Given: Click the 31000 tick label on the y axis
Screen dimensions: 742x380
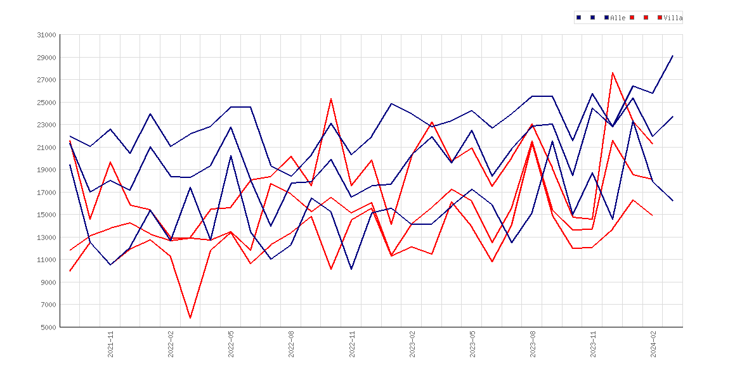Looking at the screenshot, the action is click(46, 35).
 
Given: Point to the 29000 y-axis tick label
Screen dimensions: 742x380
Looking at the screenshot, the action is click(46, 58).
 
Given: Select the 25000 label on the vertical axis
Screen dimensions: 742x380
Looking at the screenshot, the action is click(46, 103).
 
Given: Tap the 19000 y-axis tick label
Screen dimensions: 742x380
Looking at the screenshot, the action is click(46, 170).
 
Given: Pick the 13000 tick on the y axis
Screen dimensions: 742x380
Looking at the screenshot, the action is click(46, 237).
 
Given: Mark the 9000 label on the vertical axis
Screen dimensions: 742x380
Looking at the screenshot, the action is click(48, 282).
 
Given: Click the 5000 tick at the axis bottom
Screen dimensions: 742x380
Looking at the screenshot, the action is click(48, 327).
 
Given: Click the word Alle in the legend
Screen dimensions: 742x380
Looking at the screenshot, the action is click(618, 18).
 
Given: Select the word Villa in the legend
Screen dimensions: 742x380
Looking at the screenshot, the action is click(673, 18).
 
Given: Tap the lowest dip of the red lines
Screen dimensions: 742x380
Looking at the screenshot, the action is click(190, 318).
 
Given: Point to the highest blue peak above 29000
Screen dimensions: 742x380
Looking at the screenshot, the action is click(672, 56).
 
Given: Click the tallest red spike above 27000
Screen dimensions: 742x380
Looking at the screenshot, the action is click(613, 72).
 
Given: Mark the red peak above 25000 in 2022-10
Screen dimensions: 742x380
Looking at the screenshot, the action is click(331, 99).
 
